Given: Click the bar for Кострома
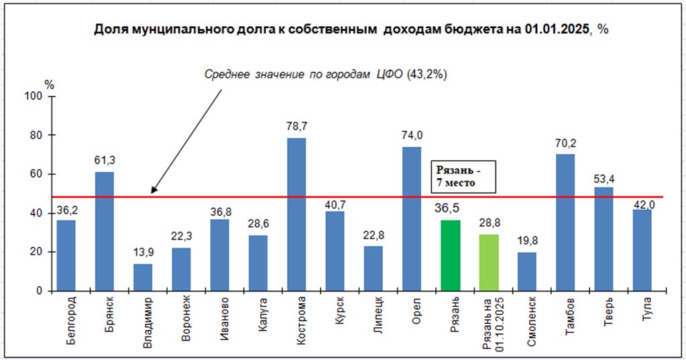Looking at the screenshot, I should click(296, 215).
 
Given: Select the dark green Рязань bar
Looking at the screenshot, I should click(451, 255).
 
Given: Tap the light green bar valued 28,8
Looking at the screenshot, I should click(489, 262).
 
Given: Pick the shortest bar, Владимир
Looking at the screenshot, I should click(143, 278).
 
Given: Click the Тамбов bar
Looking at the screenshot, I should click(565, 223).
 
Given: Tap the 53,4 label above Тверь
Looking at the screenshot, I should click(604, 178).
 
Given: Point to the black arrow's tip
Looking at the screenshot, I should click(152, 194).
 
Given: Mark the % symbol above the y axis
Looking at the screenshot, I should click(49, 84).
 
